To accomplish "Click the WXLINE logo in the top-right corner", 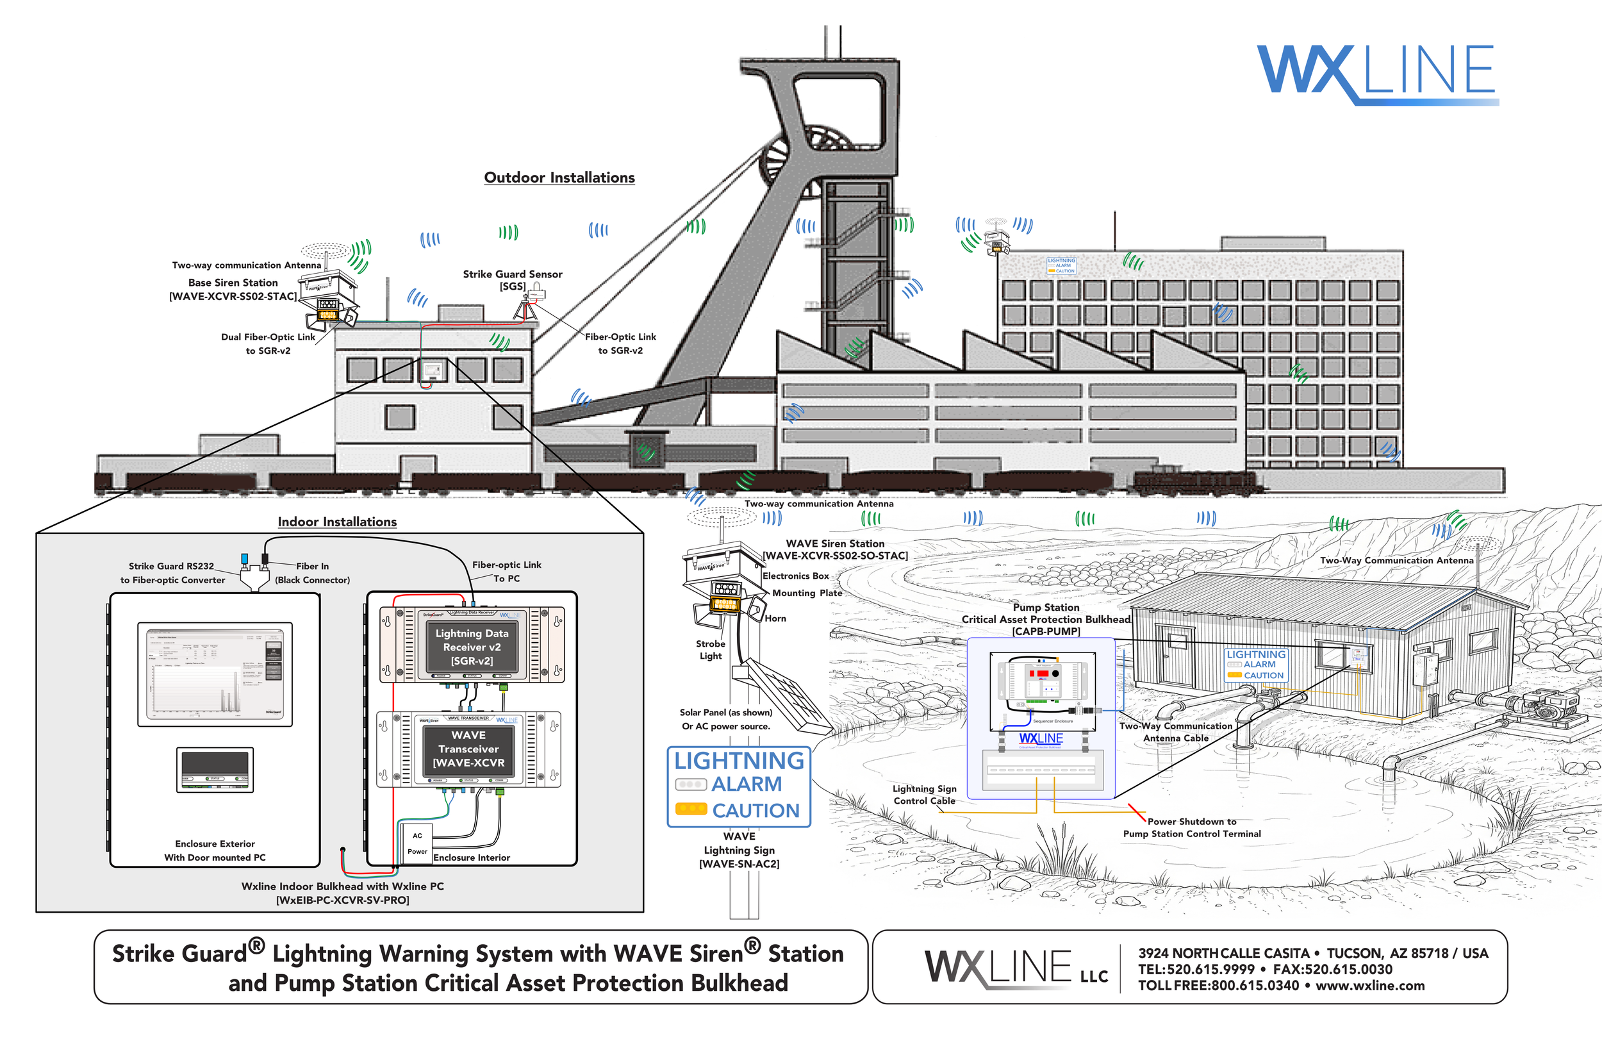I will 1376,72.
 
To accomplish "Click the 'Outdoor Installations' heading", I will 559,178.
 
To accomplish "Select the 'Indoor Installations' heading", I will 337,522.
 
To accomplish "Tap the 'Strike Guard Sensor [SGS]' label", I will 512,280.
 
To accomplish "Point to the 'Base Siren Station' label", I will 233,283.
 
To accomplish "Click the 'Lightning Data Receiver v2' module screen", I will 472,647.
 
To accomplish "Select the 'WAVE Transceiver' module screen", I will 468,749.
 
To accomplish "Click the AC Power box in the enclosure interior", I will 417,843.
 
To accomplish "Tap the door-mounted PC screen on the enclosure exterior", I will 215,674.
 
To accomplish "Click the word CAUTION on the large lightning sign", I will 756,811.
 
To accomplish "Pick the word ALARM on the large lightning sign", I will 747,784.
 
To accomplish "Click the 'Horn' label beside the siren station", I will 775,618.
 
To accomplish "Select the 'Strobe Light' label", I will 710,650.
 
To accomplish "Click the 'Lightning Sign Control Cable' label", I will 924,795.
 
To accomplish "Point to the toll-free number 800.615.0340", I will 1255,986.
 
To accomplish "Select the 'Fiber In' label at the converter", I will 312,567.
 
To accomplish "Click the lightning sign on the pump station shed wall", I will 1255,665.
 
